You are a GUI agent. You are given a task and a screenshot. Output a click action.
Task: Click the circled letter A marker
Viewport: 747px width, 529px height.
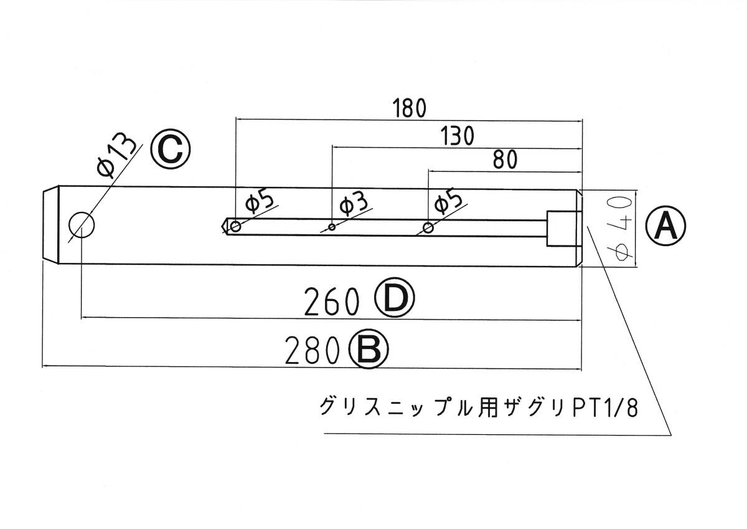tap(665, 225)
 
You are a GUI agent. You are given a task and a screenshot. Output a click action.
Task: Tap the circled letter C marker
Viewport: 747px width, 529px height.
tap(169, 148)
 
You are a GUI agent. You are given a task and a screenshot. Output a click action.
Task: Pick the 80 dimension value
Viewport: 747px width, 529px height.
tap(504, 160)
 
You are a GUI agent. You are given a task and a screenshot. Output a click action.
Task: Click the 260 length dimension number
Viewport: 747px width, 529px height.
tap(332, 303)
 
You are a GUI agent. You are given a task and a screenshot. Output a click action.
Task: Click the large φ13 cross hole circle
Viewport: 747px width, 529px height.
tap(82, 225)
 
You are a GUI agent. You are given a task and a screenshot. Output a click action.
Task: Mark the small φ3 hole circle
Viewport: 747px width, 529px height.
tap(332, 227)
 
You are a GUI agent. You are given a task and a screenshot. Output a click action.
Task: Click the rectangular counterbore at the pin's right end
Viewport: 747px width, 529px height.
tap(563, 228)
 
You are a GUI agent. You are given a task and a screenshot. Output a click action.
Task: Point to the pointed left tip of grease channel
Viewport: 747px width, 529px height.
tap(223, 226)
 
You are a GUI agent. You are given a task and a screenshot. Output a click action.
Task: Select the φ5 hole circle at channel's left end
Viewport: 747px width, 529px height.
tap(236, 226)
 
